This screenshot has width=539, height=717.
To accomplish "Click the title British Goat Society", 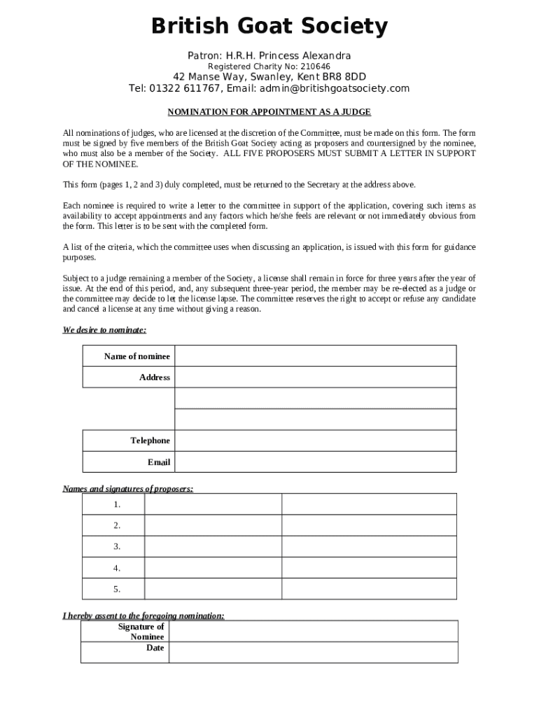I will [x=269, y=27].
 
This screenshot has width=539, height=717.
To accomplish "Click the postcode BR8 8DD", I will [x=339, y=77].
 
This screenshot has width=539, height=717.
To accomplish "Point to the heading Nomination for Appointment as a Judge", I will [x=269, y=112].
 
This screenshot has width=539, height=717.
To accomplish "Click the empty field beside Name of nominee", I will [x=315, y=356].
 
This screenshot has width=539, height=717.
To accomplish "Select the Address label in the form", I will [x=154, y=377].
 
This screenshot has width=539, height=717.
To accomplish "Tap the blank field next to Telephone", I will [x=315, y=440].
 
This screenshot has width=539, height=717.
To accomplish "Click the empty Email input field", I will [x=315, y=462].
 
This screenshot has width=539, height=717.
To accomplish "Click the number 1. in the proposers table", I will [x=117, y=504].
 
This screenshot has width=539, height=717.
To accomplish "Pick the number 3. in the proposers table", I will [x=117, y=546].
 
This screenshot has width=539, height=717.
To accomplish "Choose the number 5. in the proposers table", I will [x=117, y=589].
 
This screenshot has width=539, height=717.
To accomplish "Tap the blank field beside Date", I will [x=314, y=652].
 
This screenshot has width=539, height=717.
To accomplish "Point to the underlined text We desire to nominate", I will [x=104, y=330].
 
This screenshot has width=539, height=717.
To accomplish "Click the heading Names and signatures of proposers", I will [x=128, y=489].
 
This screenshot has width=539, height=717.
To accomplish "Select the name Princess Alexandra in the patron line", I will [x=308, y=55].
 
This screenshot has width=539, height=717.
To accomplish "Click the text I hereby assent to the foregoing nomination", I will [x=143, y=615].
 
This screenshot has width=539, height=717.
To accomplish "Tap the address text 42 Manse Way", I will [x=205, y=77].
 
